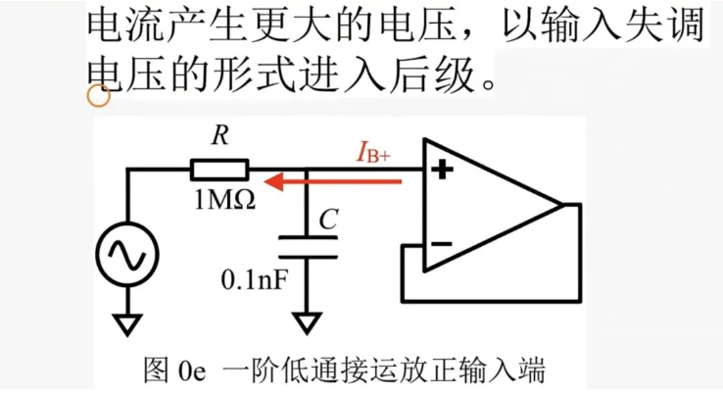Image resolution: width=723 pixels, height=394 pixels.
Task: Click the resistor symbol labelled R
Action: pyautogui.click(x=220, y=168)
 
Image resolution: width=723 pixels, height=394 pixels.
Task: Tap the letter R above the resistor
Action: pyautogui.click(x=219, y=137)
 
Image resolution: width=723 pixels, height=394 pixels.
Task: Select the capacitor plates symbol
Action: pyautogui.click(x=308, y=245)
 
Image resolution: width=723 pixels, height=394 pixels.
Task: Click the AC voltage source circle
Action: pyautogui.click(x=129, y=253)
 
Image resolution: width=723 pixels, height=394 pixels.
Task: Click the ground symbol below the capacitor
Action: pyautogui.click(x=308, y=322)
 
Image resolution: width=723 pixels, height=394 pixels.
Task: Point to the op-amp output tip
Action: pyautogui.click(x=561, y=206)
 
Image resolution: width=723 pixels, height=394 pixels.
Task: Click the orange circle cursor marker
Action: pyautogui.click(x=97, y=94)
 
